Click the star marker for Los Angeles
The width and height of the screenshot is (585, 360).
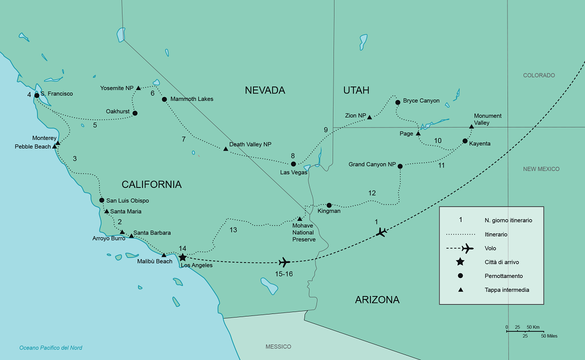click(x=183, y=257)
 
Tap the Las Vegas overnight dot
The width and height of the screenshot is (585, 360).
click(x=293, y=164)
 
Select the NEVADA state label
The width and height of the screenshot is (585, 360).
click(x=264, y=90)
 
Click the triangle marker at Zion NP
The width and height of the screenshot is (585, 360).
click(x=369, y=117)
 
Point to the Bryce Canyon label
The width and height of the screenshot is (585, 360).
click(x=421, y=101)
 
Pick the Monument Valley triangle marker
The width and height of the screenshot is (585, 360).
click(x=471, y=126)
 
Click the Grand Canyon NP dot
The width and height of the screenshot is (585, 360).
click(x=400, y=166)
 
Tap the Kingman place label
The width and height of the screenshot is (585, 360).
click(x=329, y=211)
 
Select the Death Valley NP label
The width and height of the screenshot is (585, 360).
click(x=250, y=144)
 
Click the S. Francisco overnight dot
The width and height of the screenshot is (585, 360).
click(x=36, y=95)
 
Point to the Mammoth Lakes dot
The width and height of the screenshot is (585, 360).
click(x=164, y=99)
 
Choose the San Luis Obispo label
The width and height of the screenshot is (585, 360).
click(x=127, y=201)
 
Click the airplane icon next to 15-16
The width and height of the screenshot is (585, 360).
click(x=284, y=261)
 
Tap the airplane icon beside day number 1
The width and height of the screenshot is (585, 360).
click(x=381, y=232)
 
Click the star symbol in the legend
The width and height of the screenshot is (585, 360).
click(x=460, y=262)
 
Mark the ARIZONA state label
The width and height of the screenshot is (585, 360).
click(x=377, y=300)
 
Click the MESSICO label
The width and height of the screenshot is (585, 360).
click(x=278, y=347)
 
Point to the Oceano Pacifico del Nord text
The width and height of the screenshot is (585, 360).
click(x=50, y=348)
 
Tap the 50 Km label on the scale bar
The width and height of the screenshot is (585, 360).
click(x=533, y=327)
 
